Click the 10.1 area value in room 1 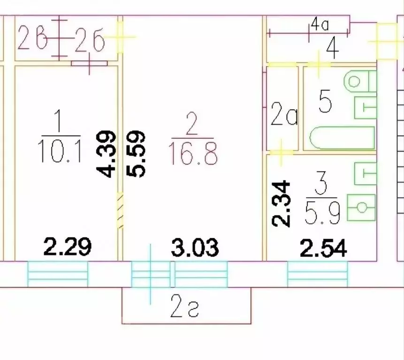(x=60, y=151)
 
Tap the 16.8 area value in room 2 (x=193, y=153)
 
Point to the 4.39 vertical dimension (x=105, y=154)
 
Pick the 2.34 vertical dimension (x=281, y=203)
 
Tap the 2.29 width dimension (x=68, y=247)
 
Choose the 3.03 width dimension (x=195, y=247)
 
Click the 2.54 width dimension (x=323, y=248)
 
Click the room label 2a (x=284, y=114)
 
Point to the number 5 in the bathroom (x=325, y=102)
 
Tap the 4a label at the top (x=320, y=25)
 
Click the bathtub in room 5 (x=342, y=138)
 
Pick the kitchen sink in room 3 (x=361, y=207)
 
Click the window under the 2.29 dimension (x=58, y=274)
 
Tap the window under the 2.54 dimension (x=317, y=274)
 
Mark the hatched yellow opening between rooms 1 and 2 (x=120, y=210)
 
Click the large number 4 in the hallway (x=332, y=50)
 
